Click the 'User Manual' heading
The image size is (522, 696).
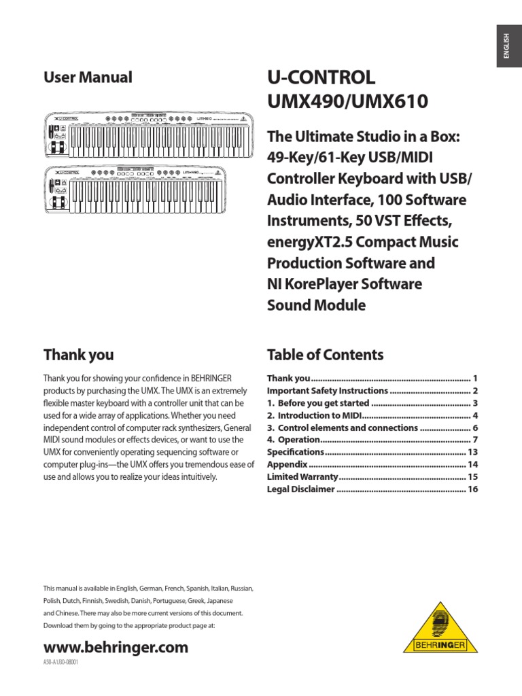tap(88, 77)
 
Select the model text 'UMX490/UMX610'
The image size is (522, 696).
tap(347, 103)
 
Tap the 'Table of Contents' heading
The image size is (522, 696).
tap(325, 355)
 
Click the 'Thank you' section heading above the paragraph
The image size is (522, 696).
tap(78, 355)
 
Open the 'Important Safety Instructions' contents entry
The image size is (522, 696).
tap(327, 391)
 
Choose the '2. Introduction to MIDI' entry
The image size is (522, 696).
tap(313, 415)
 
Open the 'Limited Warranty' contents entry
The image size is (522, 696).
tap(302, 476)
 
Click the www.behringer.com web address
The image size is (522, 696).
tap(116, 648)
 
